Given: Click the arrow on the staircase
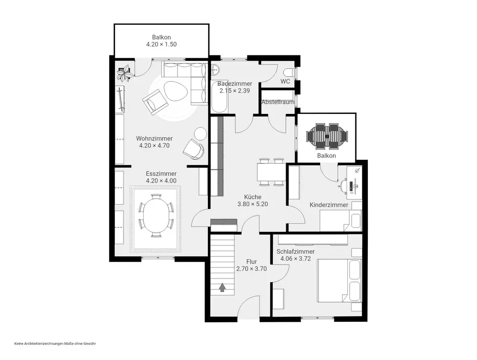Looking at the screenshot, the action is pos(222,287).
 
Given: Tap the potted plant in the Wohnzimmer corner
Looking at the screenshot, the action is pos(125,73).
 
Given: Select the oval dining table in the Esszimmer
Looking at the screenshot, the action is pos(156,216).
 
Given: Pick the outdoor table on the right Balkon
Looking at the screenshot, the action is pos(327,136).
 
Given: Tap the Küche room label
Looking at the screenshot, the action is pos(252,197).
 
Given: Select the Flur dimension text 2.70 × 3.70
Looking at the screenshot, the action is pos(251,268).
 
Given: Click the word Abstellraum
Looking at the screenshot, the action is pos(278,102).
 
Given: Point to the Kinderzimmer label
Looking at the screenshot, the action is pos(329,205).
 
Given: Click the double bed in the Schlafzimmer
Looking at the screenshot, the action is pos(340,280).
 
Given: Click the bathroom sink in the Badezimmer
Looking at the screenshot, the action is pos(215,70).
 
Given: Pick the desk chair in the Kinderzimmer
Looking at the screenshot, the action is pos(343,185).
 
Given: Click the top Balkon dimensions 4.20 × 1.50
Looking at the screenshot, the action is pos(161,44).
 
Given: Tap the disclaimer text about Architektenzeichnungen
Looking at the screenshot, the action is pos(55,344).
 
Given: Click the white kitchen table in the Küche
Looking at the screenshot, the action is pos(271,172).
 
